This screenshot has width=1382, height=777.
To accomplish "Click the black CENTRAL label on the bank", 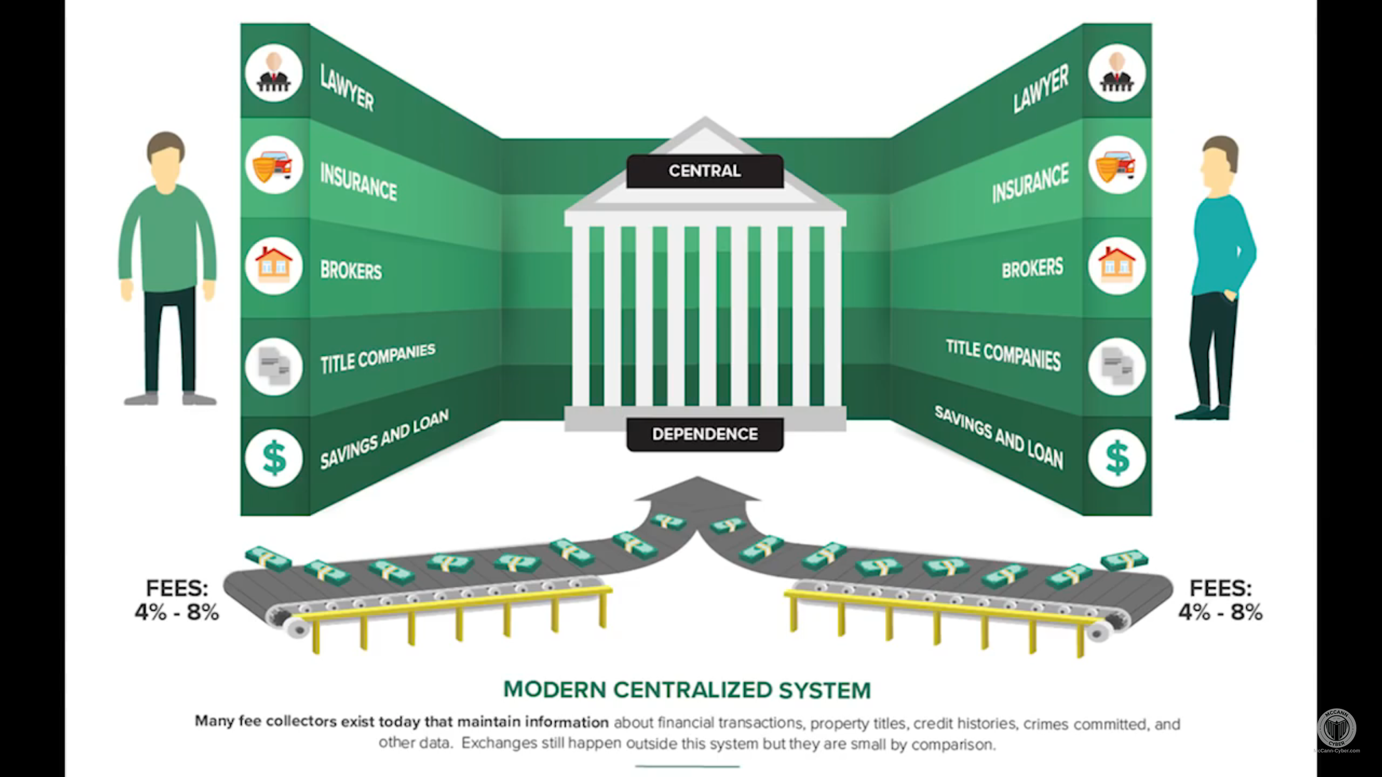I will point(705,171).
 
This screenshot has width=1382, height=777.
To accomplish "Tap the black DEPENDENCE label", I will point(705,434).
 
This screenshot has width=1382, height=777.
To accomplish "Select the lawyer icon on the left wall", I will point(274,73).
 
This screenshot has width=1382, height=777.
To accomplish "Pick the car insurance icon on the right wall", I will point(1117,165).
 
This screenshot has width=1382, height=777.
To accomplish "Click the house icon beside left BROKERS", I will point(274,265).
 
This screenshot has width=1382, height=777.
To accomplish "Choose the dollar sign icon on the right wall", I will point(1117,457).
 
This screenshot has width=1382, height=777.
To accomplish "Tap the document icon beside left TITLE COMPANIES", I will point(274,366).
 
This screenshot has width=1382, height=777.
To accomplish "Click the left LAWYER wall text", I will point(347,88).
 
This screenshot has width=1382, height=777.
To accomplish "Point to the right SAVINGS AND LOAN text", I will point(999,437).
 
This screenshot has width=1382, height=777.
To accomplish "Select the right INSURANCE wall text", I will point(1030,183).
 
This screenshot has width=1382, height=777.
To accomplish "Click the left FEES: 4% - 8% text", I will point(177,600).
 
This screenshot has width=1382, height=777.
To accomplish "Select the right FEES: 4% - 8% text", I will point(1221,600).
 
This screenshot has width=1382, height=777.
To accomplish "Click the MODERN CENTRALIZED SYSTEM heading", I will point(687,690).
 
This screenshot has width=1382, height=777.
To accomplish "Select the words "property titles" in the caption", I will point(859,724).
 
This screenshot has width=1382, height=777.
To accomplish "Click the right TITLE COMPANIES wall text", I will point(1003,355).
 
